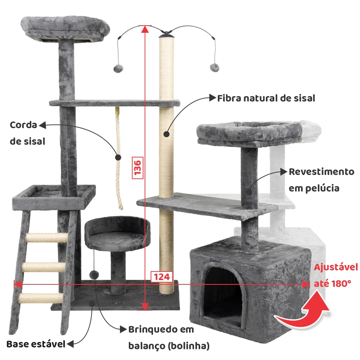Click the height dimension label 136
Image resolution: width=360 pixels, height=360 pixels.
pyautogui.click(x=138, y=168)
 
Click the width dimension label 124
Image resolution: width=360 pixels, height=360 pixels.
pyautogui.click(x=162, y=276)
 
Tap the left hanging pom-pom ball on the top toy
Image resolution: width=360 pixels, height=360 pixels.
pyautogui.click(x=118, y=68)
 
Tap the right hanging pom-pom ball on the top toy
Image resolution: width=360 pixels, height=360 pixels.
pyautogui.click(x=215, y=68)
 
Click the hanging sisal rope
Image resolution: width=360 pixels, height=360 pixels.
pyautogui.click(x=119, y=158)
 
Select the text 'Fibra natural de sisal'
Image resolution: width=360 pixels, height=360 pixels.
pyautogui.click(x=266, y=98)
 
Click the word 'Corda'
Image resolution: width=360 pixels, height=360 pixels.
pyautogui.click(x=23, y=125)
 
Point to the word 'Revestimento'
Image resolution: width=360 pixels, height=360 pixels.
pyautogui.click(x=321, y=172)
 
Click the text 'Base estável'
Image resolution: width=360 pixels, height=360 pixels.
pyautogui.click(x=36, y=344)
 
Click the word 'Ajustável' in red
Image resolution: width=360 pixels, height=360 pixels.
pyautogui.click(x=336, y=267)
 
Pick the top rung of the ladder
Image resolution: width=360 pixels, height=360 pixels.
pyautogui.click(x=46, y=238)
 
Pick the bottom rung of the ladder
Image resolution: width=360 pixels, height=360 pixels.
pyautogui.click(x=41, y=298)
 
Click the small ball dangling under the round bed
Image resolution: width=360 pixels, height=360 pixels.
pyautogui.click(x=94, y=275)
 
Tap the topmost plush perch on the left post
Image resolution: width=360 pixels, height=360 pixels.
pyautogui.click(x=65, y=28)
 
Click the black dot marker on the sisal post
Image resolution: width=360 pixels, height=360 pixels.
pyautogui.click(x=166, y=134)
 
